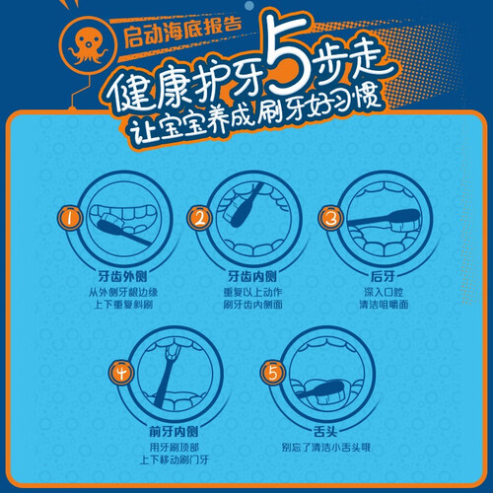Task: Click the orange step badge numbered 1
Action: coord(70,218)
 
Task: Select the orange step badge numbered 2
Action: coord(199,218)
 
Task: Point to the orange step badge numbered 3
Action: coord(330,218)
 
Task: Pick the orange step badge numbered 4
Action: coord(121,373)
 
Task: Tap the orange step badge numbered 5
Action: coord(273,373)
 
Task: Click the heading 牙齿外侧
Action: coord(122,276)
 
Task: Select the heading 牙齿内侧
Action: coord(252,276)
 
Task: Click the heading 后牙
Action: coord(383,276)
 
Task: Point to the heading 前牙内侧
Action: coord(174,431)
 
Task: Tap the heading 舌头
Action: coord(325,431)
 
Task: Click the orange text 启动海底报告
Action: coord(182,33)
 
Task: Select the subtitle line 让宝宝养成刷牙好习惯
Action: coord(255,115)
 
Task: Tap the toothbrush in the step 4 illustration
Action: coord(166,375)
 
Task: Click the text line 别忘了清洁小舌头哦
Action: coord(325,448)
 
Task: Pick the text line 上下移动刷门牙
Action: coord(175,459)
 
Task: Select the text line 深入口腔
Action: coord(384,292)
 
